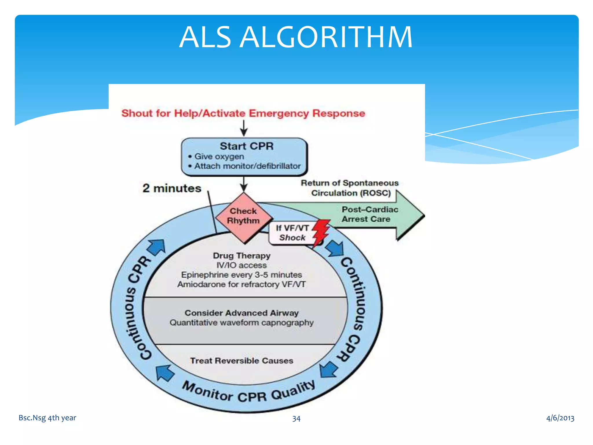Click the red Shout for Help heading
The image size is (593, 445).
tap(243, 113)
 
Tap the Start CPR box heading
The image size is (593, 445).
tap(246, 146)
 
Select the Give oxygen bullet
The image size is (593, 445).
tap(219, 156)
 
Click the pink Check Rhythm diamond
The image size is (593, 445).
tap(243, 216)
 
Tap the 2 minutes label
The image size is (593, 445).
tap(172, 188)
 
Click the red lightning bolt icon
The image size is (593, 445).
tap(321, 232)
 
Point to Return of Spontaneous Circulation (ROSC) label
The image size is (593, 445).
tap(350, 188)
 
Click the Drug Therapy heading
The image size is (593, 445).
tap(241, 256)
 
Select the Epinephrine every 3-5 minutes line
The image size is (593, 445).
tap(241, 275)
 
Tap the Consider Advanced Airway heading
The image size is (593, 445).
tap(241, 313)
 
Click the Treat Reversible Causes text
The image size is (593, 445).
tap(241, 361)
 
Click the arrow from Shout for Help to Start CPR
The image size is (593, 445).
tap(244, 128)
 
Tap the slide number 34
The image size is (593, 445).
tap(296, 418)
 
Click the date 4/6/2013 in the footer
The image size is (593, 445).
tap(560, 418)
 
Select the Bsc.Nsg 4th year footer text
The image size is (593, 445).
tap(47, 418)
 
